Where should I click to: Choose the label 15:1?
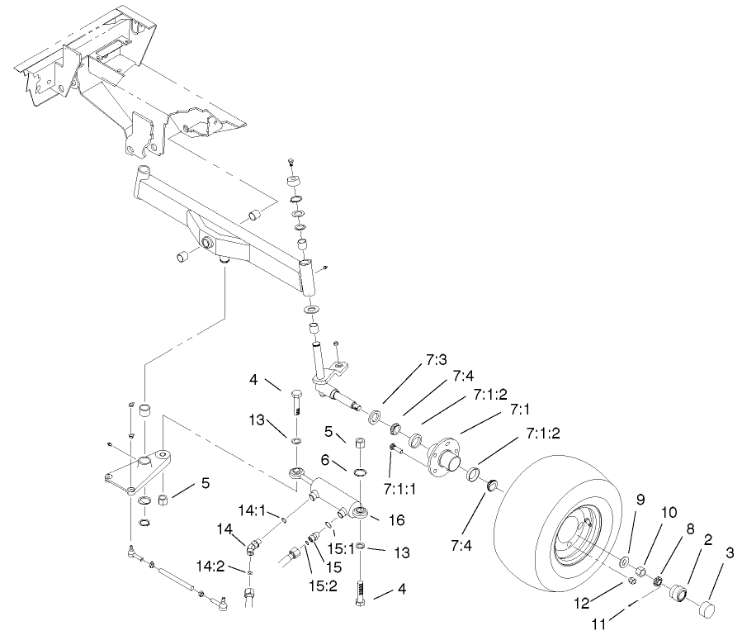(340, 548)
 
